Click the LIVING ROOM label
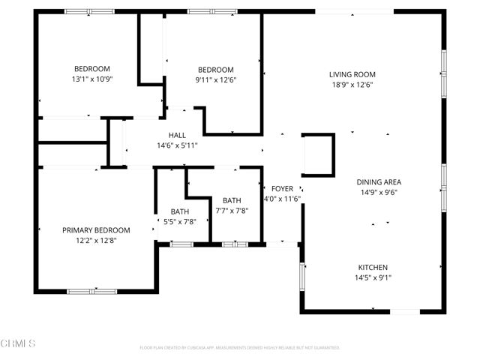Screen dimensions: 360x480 352,74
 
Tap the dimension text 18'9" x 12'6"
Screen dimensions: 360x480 352,85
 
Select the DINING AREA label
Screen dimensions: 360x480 379,182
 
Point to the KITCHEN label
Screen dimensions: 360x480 373,268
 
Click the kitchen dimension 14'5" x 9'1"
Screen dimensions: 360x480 373,278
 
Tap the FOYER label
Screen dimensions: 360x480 282,188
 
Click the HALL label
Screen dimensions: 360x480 177,135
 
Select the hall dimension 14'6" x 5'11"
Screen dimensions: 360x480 177,145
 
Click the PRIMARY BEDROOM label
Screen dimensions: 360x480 96,230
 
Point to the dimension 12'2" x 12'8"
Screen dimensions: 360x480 96,241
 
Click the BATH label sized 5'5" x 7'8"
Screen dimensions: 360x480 180,211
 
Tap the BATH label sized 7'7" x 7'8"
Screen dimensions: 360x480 232,200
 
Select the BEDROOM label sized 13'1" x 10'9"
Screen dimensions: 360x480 91,68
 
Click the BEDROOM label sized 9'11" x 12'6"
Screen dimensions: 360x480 214,70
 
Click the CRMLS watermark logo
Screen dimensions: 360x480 18,344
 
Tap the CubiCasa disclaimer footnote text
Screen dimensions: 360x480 240,348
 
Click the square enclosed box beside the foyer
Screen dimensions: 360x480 318,155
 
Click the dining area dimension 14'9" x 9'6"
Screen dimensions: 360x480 379,192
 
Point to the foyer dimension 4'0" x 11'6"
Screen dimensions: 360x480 282,199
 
